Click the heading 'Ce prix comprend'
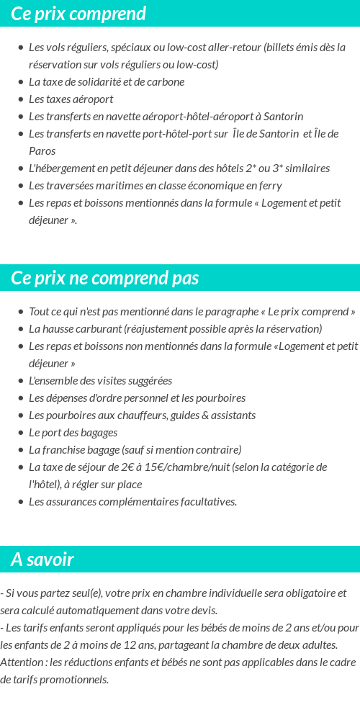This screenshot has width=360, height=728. [78, 14]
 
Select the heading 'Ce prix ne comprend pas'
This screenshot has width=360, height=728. [105, 278]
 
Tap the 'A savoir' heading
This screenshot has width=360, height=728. [42, 560]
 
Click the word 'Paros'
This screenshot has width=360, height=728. [42, 151]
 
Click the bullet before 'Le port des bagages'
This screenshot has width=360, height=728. [20, 433]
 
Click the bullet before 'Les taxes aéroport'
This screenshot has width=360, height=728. [20, 99]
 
